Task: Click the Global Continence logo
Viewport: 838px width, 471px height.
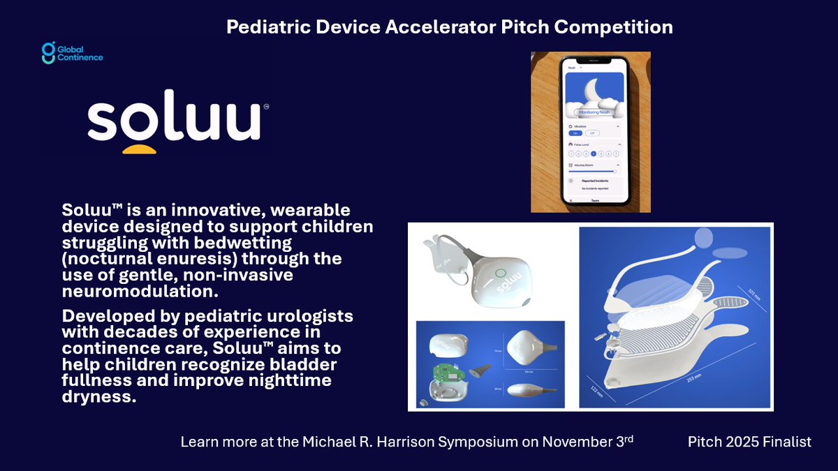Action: [71, 53]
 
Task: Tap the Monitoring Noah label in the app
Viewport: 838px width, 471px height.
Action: [591, 112]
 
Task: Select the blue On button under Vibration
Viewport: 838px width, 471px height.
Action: [575, 132]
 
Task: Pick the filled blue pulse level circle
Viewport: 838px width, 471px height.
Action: [594, 153]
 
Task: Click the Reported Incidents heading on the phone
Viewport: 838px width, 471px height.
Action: [594, 180]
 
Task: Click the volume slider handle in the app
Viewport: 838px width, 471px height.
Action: [615, 170]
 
